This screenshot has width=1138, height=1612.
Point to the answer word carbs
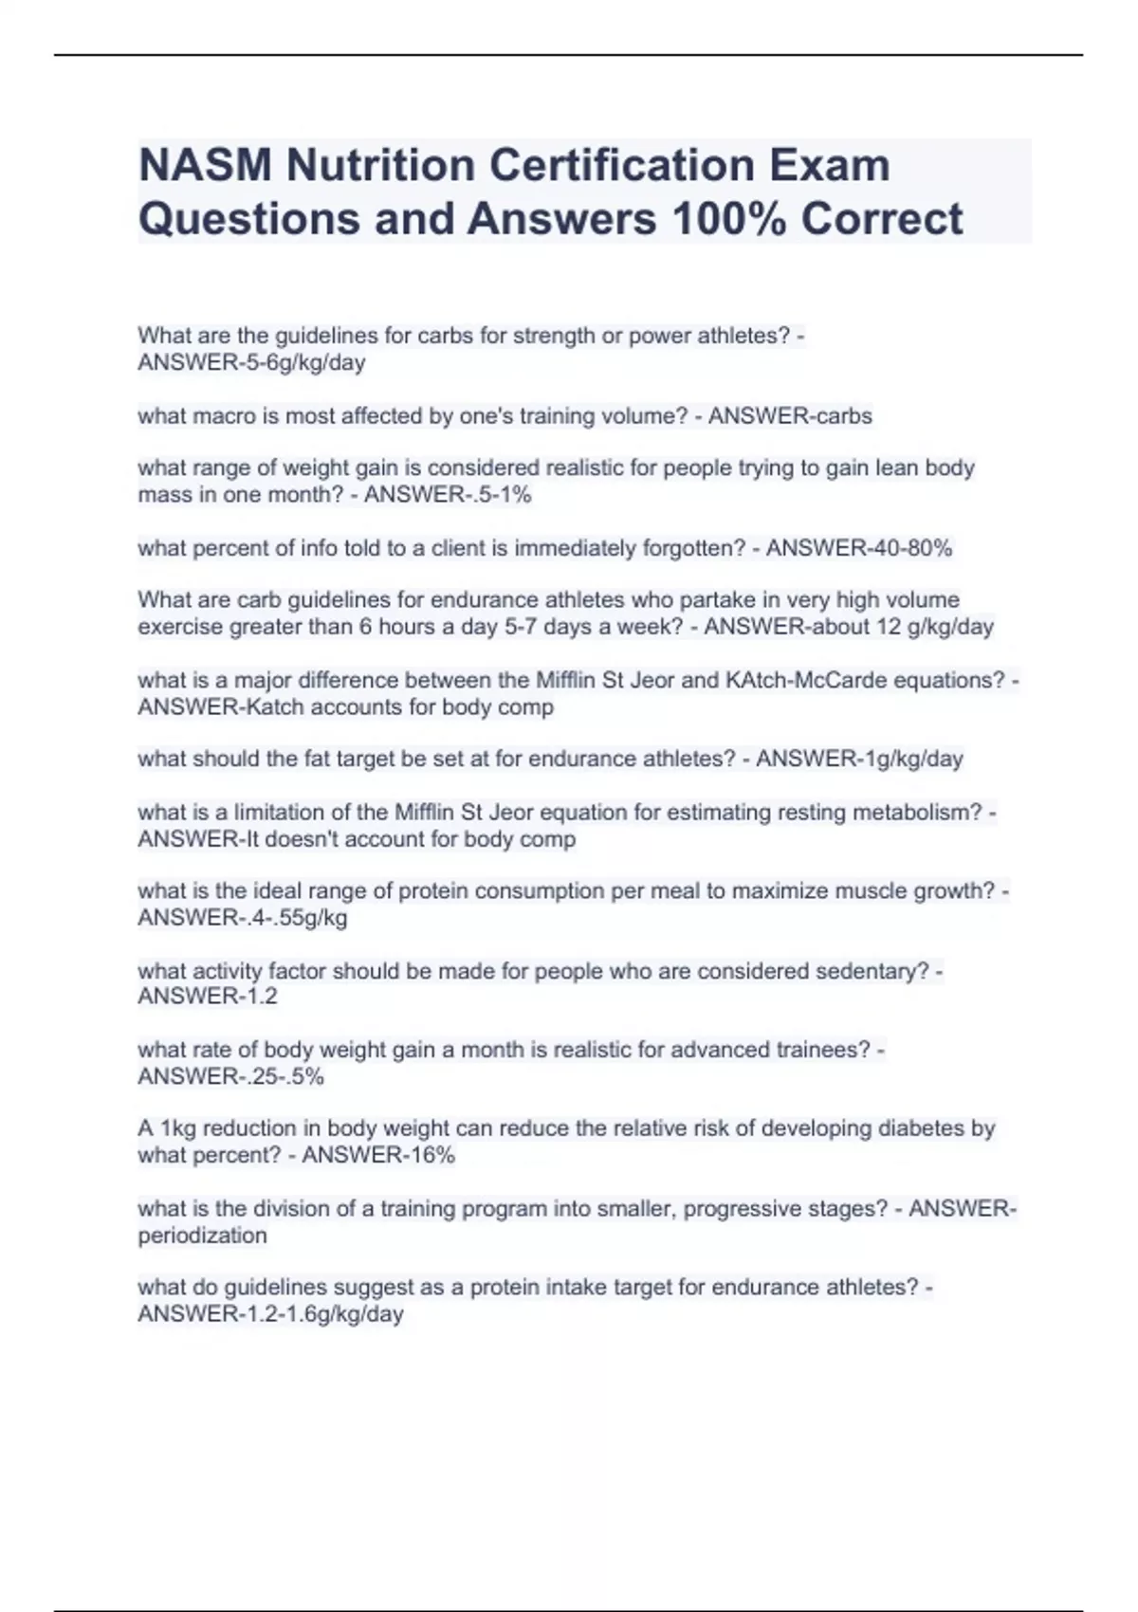pyautogui.click(x=843, y=416)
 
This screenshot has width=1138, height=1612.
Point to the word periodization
pyautogui.click(x=202, y=1236)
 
